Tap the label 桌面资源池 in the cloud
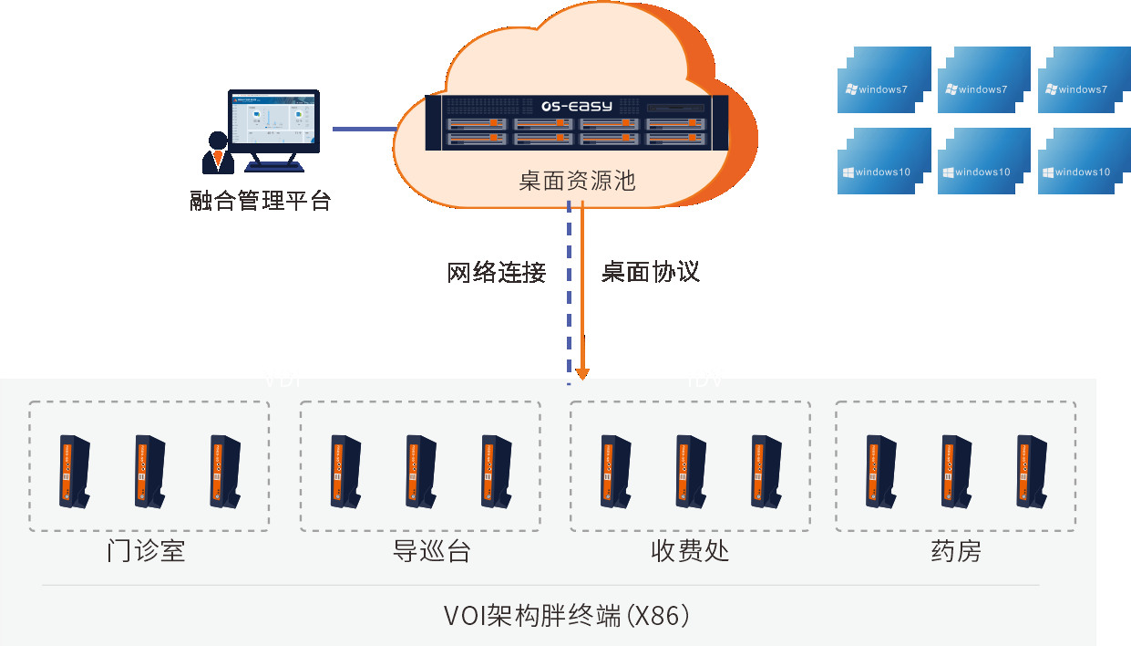click(577, 180)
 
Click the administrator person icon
click(218, 153)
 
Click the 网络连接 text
click(497, 272)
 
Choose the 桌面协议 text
click(651, 272)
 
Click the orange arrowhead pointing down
click(583, 373)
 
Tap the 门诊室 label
click(146, 552)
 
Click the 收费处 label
click(690, 552)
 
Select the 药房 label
click(955, 552)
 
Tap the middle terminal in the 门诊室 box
click(149, 471)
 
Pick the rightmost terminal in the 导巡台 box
click(496, 471)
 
